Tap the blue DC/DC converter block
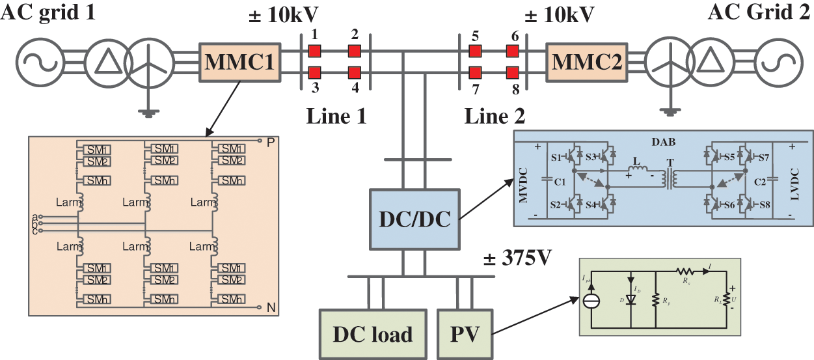click(x=415, y=219)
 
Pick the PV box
click(x=464, y=334)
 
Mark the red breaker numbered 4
click(x=354, y=72)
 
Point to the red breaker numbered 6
click(x=513, y=51)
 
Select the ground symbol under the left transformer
click(x=149, y=113)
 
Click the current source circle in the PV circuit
click(x=591, y=301)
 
